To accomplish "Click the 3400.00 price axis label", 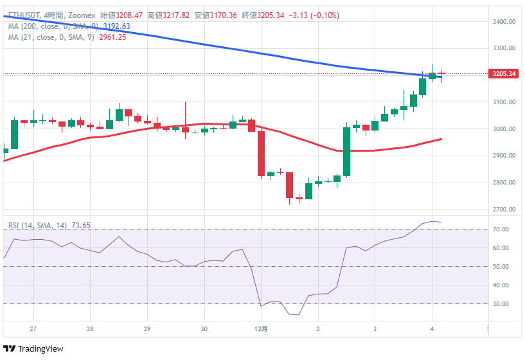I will (503, 22).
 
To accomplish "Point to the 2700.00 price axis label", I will (503, 210).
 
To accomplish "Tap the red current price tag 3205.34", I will (503, 74).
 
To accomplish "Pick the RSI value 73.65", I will (82, 226).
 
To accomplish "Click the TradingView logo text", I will (40, 348).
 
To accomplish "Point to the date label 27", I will (33, 328).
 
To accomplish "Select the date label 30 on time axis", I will (204, 328).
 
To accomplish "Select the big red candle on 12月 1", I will (261, 153).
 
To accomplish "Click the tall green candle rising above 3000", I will (346, 152).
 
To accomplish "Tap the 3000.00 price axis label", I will (503, 129).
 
